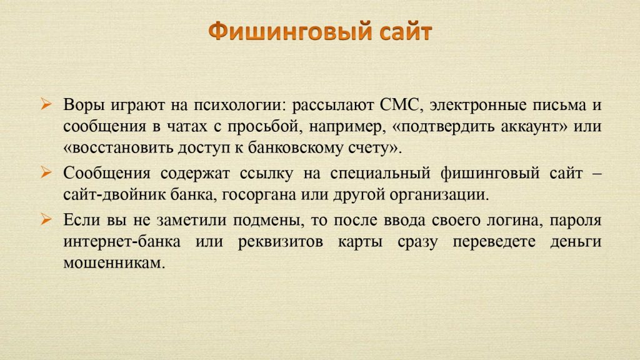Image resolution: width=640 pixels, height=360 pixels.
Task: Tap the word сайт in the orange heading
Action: [406, 32]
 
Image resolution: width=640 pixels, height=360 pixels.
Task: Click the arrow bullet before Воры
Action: [46, 104]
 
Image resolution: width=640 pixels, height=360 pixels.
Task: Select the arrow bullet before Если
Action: [46, 219]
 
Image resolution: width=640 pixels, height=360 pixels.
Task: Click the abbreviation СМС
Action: [399, 105]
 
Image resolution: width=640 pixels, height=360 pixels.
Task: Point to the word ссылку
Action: [266, 174]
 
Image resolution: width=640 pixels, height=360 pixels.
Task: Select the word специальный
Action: [381, 174]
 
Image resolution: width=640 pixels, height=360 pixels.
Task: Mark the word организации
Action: [439, 195]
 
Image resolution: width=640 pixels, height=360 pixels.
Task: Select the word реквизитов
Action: [281, 242]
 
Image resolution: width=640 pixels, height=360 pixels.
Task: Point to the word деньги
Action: [576, 242]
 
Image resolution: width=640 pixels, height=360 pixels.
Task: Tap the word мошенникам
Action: [114, 263]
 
